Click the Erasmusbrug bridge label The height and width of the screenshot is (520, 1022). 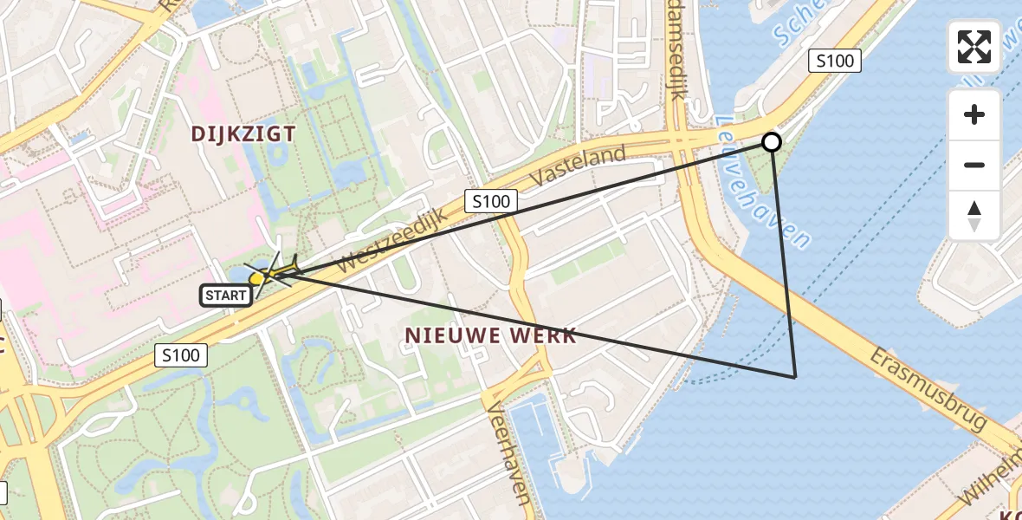928,389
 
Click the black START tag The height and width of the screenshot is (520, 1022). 227,296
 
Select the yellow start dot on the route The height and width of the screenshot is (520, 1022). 256,278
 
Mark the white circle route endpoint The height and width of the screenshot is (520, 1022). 771,142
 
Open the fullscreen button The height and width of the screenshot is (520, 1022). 974,47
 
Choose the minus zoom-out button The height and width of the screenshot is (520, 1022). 974,165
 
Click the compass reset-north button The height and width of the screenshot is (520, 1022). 974,215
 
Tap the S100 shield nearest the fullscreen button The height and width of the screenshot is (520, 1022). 835,61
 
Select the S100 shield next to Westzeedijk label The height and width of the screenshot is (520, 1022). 490,202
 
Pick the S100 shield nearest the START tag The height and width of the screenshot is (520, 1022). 182,354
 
